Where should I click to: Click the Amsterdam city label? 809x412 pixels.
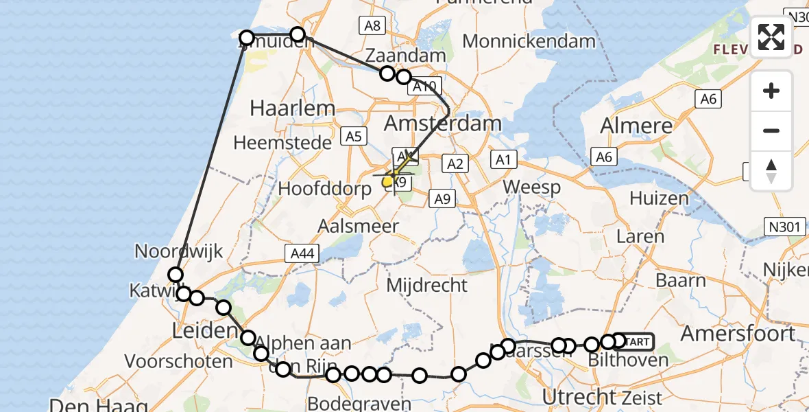pos(442,124)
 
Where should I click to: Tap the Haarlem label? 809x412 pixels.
pos(293,108)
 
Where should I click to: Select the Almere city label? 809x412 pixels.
pos(636,126)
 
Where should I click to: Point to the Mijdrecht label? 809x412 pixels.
pos(426,284)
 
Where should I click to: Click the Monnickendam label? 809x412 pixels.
pos(529,41)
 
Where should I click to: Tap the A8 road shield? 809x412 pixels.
pos(372,25)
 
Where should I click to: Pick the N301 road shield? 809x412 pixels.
pos(786,225)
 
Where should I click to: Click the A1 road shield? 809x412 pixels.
pos(504,160)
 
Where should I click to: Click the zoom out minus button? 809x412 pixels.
pos(771,130)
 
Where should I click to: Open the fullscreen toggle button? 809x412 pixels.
pos(771,37)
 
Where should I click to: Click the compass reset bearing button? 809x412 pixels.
pos(771,170)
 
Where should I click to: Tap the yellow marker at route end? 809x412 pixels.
pos(388,181)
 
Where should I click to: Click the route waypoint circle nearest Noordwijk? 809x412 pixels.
pos(176,275)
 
